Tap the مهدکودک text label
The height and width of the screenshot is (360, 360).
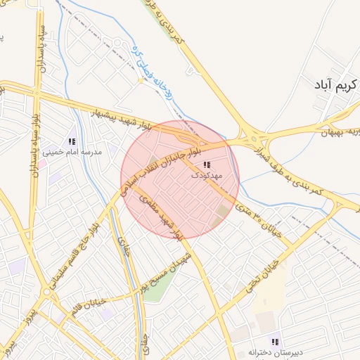(206, 176)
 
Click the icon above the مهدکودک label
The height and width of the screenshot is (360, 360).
(207, 165)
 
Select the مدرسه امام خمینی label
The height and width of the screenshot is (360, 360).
(72, 152)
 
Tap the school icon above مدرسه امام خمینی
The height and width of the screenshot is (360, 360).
(72, 141)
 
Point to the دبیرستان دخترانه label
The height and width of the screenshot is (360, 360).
(274, 351)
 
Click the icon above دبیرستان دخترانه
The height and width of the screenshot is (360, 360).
(276, 340)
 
